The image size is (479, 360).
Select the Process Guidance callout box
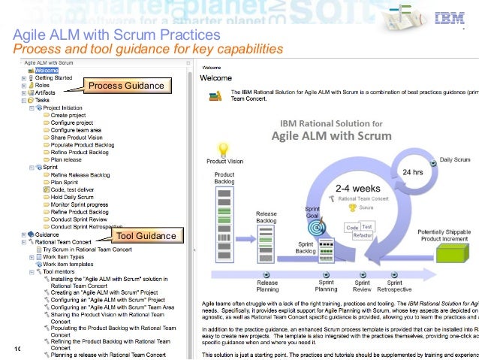126,86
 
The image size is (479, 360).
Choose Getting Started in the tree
53,77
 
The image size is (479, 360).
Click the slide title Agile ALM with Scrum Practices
117,35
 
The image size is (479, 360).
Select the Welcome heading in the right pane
215,77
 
